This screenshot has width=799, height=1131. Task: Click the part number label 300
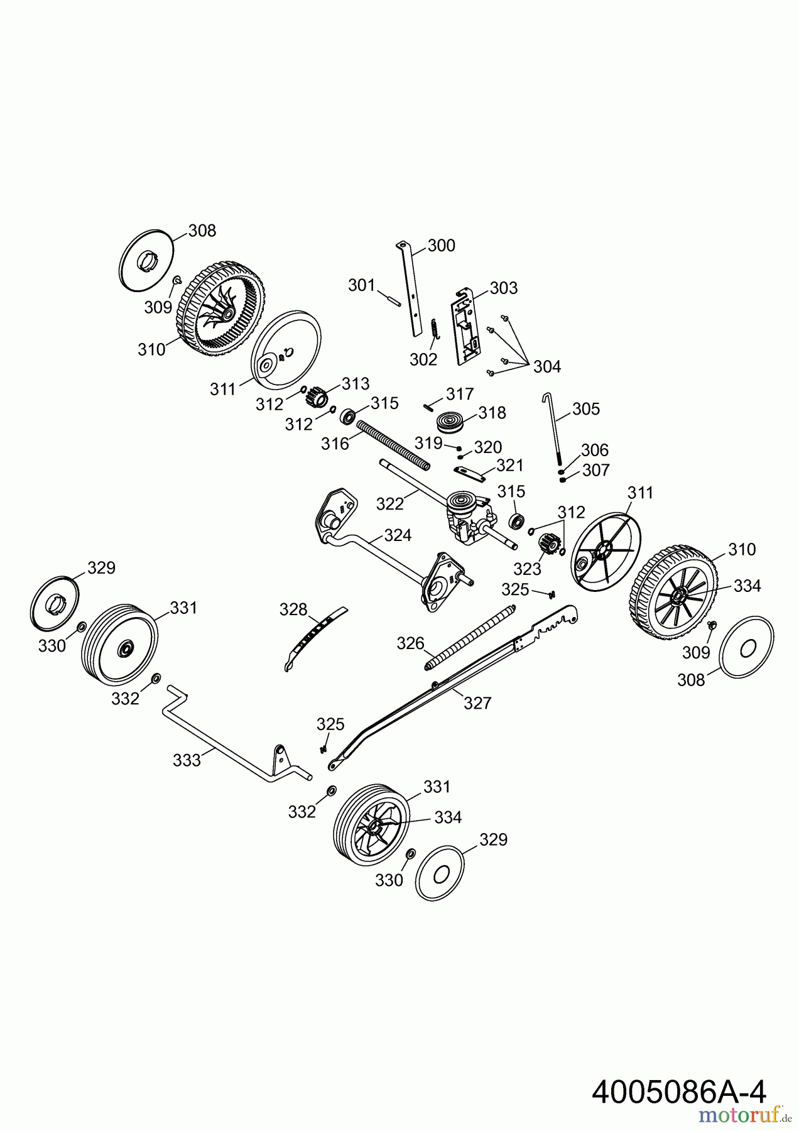[x=441, y=246]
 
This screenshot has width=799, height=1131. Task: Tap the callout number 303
[x=504, y=288]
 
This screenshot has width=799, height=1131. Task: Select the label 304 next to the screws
[x=546, y=366]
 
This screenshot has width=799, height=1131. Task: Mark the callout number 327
[x=477, y=702]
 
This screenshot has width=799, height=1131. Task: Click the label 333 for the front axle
[x=187, y=760]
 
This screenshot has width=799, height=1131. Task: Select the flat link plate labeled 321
[x=470, y=473]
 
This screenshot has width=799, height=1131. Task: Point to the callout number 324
[x=398, y=535]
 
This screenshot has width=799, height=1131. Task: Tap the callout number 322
[x=389, y=503]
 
